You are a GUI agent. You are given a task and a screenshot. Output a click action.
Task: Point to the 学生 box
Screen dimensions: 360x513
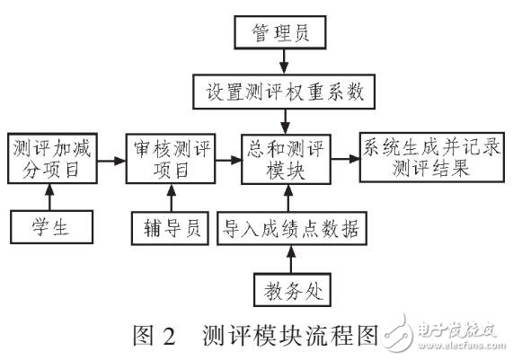click(51, 226)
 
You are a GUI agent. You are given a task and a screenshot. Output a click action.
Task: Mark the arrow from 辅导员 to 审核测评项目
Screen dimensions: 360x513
click(162, 197)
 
